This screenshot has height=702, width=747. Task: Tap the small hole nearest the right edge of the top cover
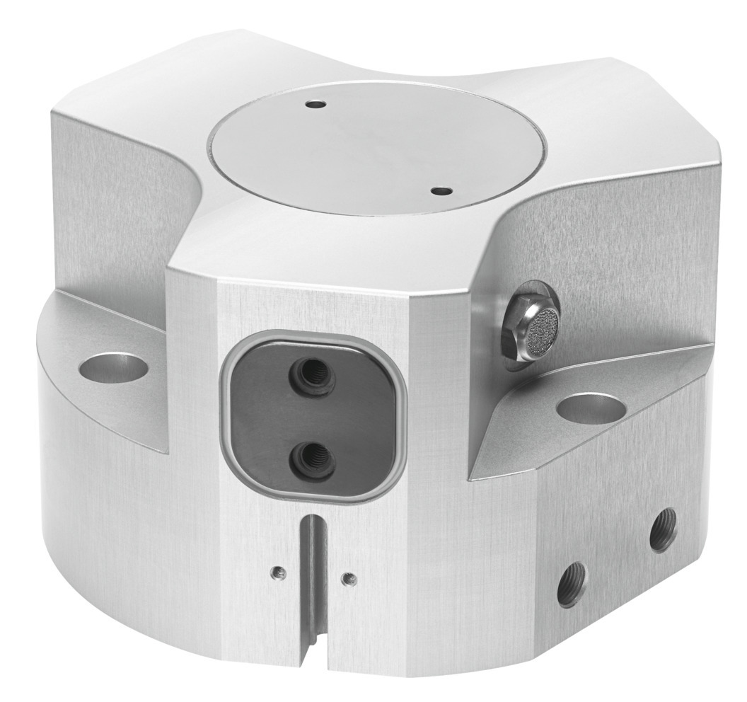(x=441, y=190)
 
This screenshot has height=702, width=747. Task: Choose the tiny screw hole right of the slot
(x=346, y=578)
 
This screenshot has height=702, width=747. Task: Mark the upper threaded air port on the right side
(x=662, y=529)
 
